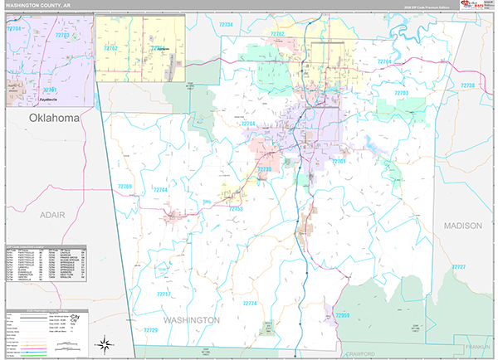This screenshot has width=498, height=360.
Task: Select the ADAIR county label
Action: coord(51,214)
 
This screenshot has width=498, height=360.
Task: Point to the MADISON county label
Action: coord(462,226)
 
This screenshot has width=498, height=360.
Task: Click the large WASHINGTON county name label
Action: coord(191,319)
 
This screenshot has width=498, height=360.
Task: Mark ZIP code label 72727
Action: coord(458,266)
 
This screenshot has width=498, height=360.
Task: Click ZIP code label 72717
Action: coord(163,294)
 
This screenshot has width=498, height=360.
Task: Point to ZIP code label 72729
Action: coord(150,330)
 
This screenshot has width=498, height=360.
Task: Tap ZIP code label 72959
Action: coord(342,315)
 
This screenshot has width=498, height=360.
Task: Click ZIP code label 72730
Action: coord(265,168)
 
